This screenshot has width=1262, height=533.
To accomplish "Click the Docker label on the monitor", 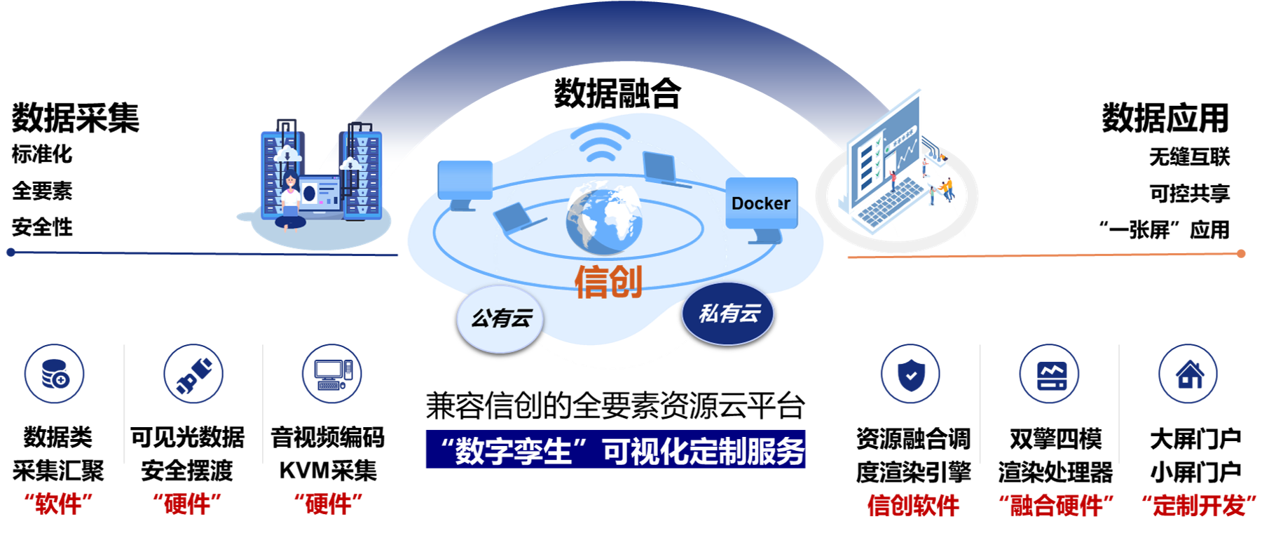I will [x=760, y=203].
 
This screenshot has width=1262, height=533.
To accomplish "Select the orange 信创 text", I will [x=608, y=282].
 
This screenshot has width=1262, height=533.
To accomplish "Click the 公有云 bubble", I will [x=501, y=318].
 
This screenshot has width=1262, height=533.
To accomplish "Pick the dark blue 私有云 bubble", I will [x=728, y=313].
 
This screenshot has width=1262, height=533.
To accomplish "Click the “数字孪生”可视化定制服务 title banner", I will [x=616, y=450].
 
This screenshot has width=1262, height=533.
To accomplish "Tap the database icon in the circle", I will [x=55, y=373].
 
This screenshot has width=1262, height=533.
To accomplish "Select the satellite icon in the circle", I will [x=193, y=374].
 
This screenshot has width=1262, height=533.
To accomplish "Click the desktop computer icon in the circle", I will [x=332, y=374].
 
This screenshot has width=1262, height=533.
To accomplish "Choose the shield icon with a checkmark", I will [x=910, y=374].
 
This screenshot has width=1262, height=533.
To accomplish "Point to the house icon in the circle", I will [x=1188, y=374].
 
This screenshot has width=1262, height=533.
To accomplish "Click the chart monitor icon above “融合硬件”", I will [x=1049, y=374].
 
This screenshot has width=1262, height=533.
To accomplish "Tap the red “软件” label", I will [x=58, y=504].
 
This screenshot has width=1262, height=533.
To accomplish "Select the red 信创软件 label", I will [x=913, y=505].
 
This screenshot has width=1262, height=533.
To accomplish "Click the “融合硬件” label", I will [x=1056, y=505].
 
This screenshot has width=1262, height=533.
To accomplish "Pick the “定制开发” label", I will [x=1199, y=505].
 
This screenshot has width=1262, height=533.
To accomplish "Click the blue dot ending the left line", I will [x=11, y=252].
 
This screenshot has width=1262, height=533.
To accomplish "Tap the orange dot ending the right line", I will [x=1241, y=253].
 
